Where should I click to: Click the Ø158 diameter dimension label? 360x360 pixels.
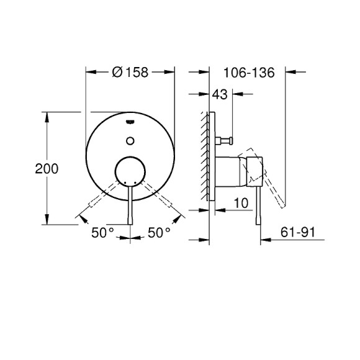[x=130, y=72]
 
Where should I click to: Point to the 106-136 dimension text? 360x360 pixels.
[x=250, y=72]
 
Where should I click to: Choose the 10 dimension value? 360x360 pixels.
[x=241, y=202]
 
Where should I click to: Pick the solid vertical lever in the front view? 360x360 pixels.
[x=130, y=205]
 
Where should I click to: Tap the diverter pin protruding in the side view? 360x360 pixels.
[x=225, y=140]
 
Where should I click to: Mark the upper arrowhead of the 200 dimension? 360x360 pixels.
[x=47, y=115]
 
